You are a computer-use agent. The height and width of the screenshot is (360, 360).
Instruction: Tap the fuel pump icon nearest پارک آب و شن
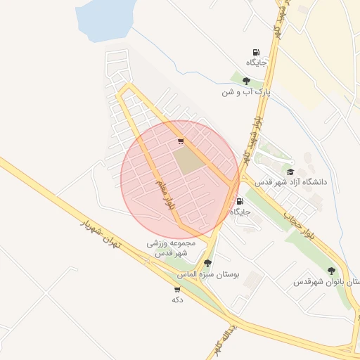pos(256,52)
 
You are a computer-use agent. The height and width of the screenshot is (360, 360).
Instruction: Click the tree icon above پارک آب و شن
pos(246,81)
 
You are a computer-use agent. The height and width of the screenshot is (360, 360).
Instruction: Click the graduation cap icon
pos(290,172)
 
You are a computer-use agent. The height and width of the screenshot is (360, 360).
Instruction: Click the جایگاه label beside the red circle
pos(240,211)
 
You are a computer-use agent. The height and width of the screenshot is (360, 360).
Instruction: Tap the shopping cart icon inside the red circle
pos(181,141)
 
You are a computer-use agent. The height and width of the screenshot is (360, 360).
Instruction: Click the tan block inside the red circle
pos(187,161)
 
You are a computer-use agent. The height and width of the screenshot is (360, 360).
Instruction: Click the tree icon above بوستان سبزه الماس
pos(207,263)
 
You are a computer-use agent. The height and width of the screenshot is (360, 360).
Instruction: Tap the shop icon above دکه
pos(177,289)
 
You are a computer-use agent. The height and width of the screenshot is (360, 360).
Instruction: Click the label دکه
pos(177,300)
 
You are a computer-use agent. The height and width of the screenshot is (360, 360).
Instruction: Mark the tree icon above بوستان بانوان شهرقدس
pos(331,271)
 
